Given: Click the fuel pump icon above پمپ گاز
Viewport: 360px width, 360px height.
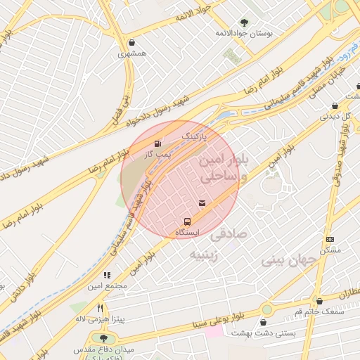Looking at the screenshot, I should [x=157, y=143].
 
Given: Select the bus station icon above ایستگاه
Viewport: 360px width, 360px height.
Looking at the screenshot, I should [x=186, y=221].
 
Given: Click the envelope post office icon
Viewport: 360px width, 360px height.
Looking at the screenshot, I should [x=202, y=204].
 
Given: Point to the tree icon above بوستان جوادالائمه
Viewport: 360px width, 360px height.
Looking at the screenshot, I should [x=244, y=22].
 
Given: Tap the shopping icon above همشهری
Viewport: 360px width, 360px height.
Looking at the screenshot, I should [x=132, y=42].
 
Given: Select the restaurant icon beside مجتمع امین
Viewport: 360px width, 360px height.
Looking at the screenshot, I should [x=107, y=275].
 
